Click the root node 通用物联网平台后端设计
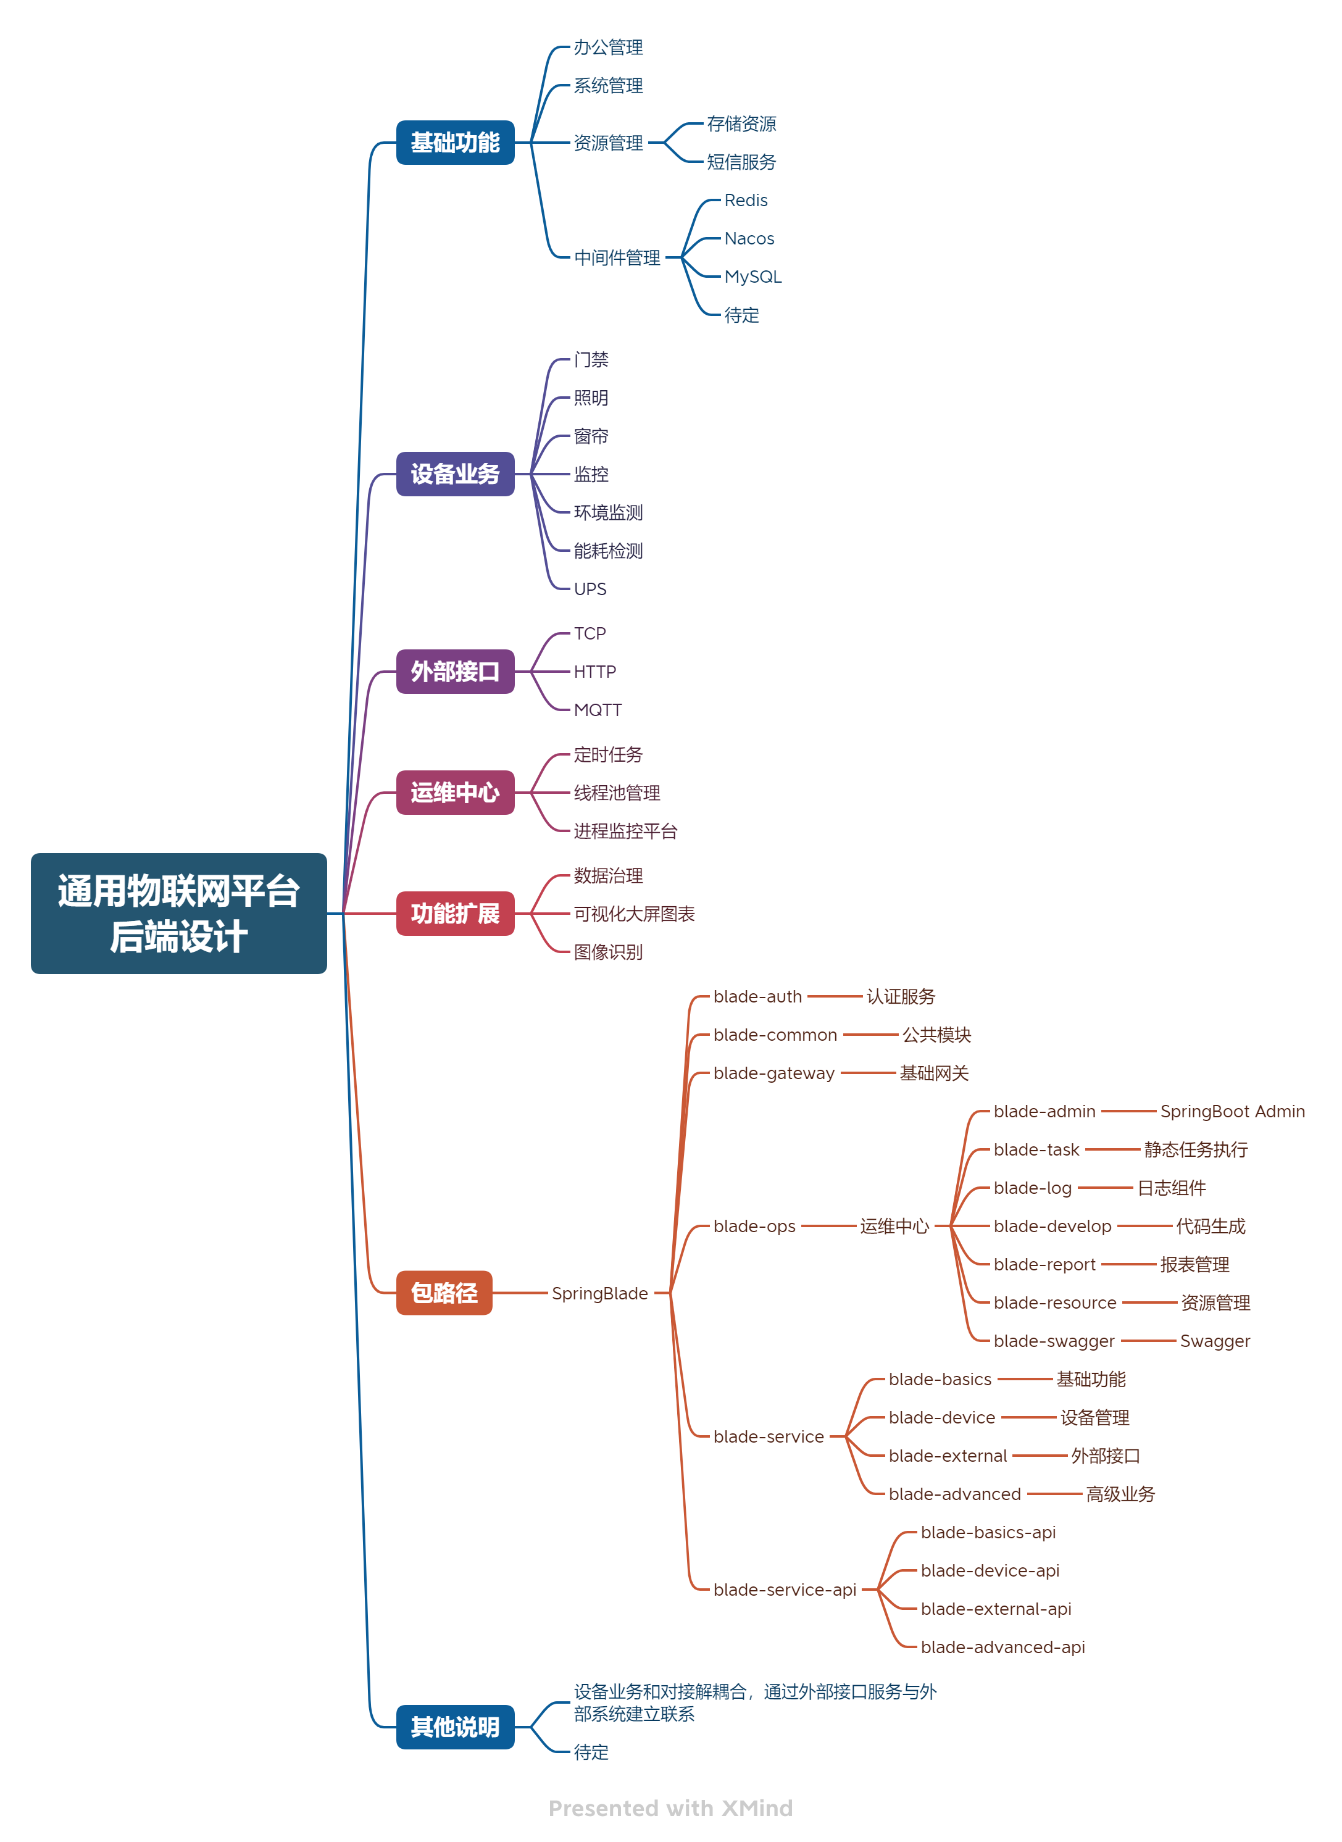(179, 913)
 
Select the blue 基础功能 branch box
(455, 143)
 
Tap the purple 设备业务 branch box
(455, 473)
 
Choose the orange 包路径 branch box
(444, 1292)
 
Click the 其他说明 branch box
(455, 1727)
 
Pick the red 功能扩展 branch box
(455, 914)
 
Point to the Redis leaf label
(745, 201)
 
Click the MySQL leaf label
(752, 277)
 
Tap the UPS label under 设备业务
(590, 589)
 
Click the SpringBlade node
(599, 1293)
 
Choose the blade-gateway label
(773, 1073)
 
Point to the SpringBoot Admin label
(1232, 1111)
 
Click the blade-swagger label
(1054, 1341)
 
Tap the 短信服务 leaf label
(741, 162)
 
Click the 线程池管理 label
(617, 793)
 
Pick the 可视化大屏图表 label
(633, 914)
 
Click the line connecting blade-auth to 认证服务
(835, 996)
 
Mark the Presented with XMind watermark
(670, 1808)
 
